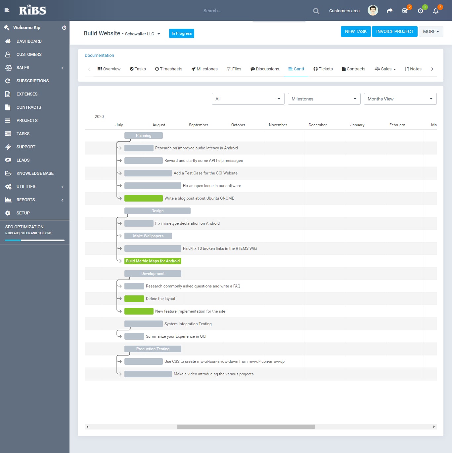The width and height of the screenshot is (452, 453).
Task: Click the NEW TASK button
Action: click(356, 32)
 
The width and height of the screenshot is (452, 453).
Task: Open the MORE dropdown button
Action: click(431, 32)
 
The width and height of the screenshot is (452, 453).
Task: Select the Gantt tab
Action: click(296, 69)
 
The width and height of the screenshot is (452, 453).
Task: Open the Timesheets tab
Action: click(169, 69)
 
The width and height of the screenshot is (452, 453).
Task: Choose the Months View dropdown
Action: click(400, 99)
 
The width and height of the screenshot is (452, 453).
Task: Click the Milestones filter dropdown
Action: click(324, 99)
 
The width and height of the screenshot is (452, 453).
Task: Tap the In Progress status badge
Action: click(182, 33)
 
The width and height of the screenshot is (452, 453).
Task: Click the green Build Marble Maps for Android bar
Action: click(153, 261)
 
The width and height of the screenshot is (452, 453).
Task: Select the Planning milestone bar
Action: click(144, 135)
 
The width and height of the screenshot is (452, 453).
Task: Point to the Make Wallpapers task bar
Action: click(148, 236)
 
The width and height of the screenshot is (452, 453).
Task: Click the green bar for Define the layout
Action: click(134, 299)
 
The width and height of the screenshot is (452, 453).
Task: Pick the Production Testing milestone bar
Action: click(153, 349)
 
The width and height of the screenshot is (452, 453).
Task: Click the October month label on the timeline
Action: click(238, 125)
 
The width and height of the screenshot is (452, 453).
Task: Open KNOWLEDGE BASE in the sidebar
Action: click(35, 173)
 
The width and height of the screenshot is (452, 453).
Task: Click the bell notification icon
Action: click(436, 11)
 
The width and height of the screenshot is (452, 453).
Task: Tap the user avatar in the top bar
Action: click(373, 11)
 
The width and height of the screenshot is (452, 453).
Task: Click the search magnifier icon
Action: click(316, 11)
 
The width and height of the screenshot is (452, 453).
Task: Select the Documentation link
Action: click(99, 56)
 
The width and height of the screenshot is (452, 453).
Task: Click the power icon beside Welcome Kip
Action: click(64, 28)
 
